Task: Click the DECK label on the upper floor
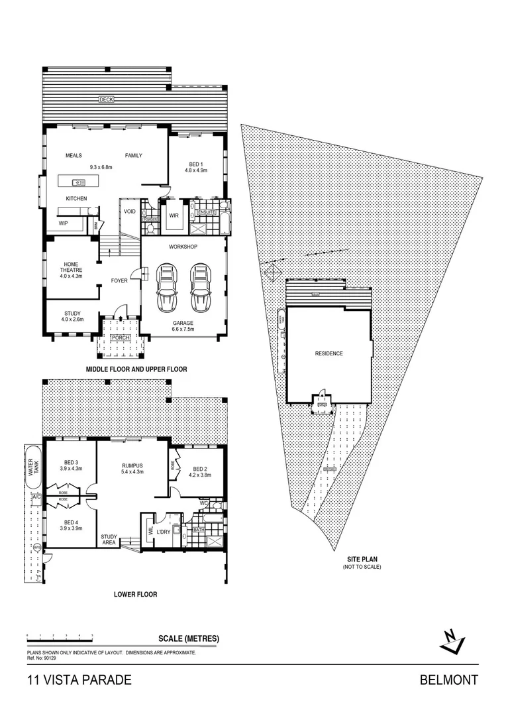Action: tap(106, 99)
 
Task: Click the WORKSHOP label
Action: tap(183, 247)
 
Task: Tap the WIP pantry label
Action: tap(64, 223)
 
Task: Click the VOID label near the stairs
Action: tap(130, 211)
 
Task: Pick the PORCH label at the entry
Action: tap(120, 337)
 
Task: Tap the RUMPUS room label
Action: tap(133, 465)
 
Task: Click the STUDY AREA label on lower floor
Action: tap(109, 540)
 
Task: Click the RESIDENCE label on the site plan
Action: tap(329, 353)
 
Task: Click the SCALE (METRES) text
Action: tap(189, 639)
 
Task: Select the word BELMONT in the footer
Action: tap(449, 680)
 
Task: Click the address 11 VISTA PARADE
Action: tap(79, 680)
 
